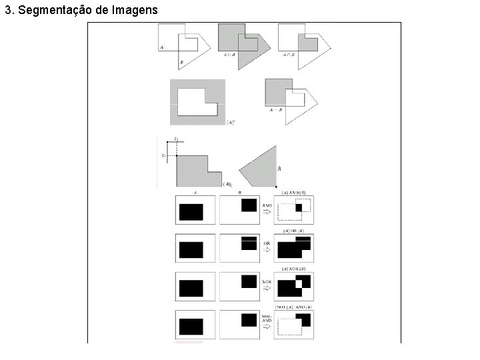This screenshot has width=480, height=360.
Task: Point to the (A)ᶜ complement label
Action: click(x=231, y=122)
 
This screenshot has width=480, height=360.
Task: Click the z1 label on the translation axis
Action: click(x=163, y=155)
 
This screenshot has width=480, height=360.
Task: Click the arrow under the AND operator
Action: click(x=265, y=213)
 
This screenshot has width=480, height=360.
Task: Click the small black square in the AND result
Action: click(x=299, y=208)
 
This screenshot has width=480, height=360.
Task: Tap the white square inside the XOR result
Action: click(x=299, y=284)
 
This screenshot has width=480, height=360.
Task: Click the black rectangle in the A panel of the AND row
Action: click(x=191, y=212)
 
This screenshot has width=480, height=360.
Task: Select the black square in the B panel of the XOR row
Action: click(x=249, y=281)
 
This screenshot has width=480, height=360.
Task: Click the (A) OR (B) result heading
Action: click(x=294, y=231)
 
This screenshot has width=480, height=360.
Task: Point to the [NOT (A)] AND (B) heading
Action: click(x=294, y=306)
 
